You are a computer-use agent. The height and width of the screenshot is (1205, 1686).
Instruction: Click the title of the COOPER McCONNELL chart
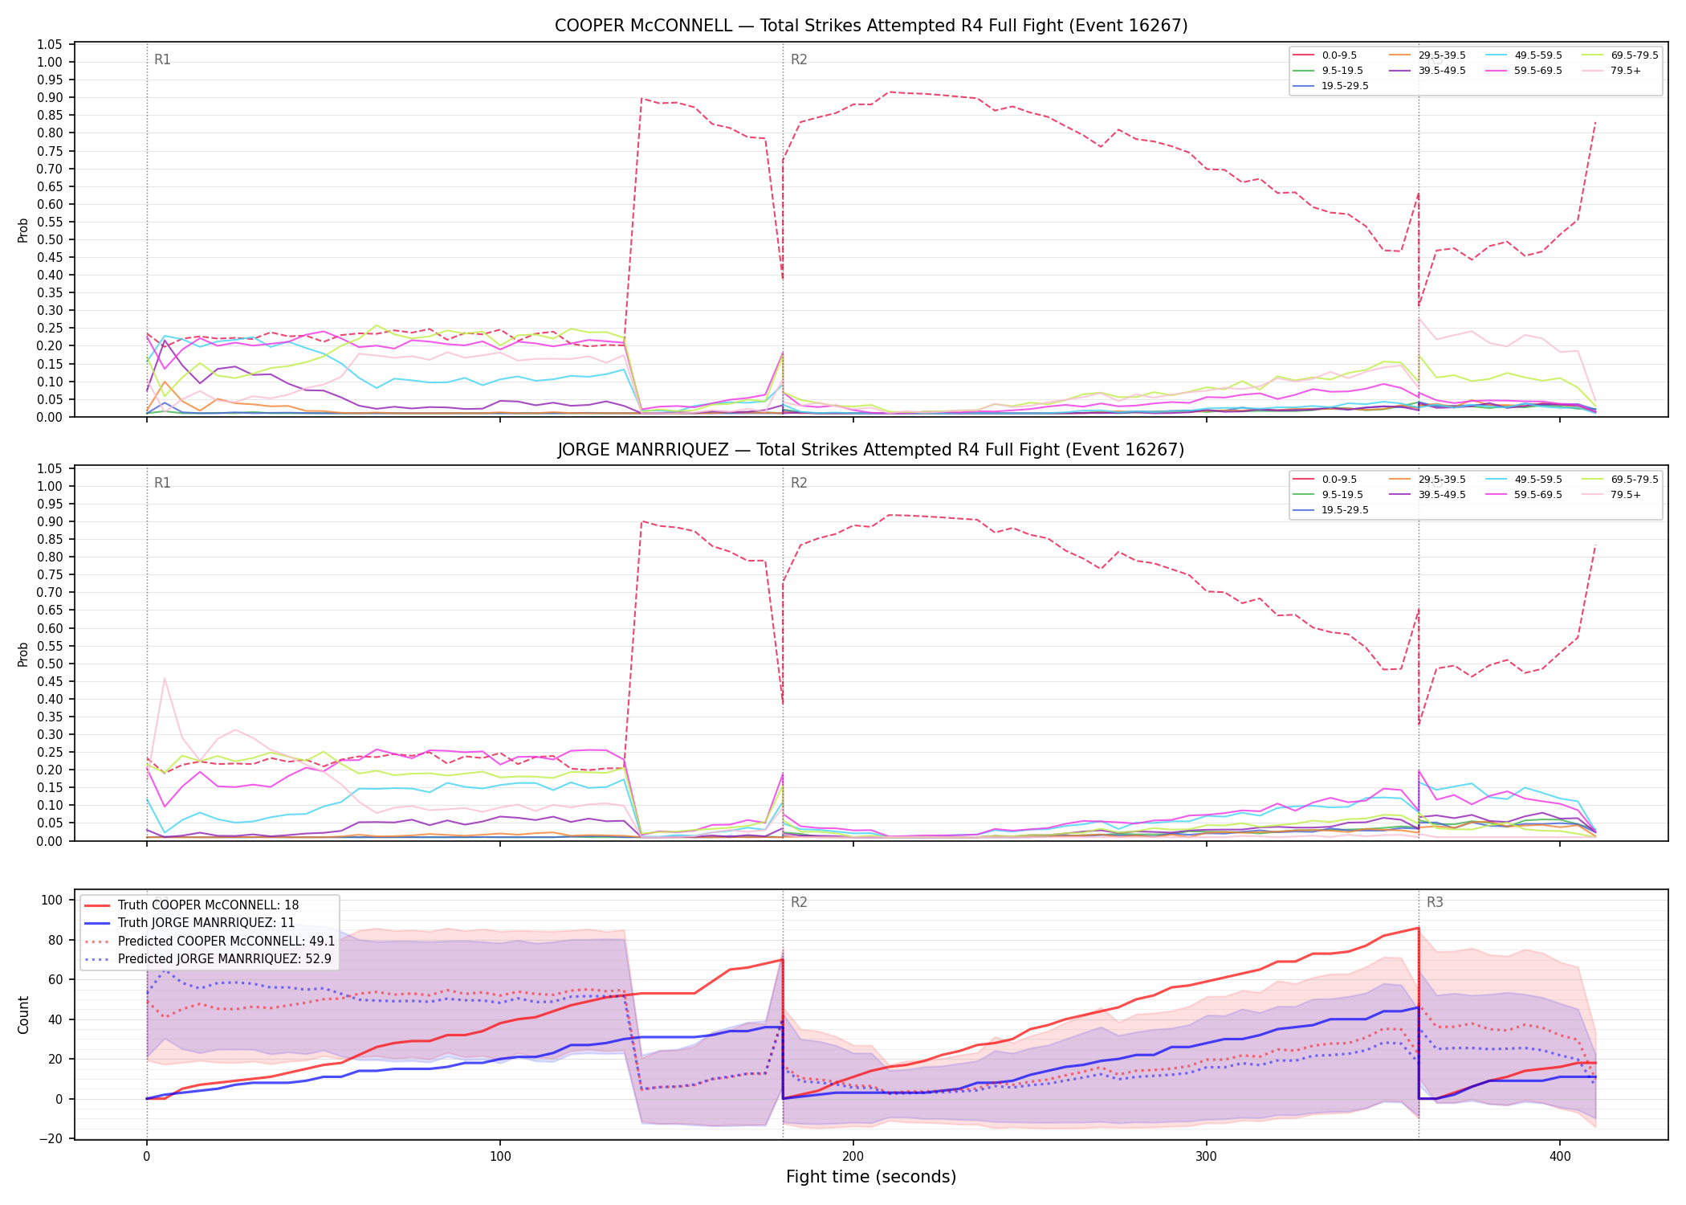tap(871, 26)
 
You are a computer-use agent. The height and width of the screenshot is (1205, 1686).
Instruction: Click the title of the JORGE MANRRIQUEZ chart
tap(871, 450)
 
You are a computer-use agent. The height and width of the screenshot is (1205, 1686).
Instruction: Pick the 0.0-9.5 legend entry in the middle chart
tap(1325, 480)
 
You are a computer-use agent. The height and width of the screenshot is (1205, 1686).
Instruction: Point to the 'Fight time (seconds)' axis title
tap(871, 1177)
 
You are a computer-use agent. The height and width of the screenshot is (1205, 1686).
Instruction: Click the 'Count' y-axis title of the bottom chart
tap(23, 1015)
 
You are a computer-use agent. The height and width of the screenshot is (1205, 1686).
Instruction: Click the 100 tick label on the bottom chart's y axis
tap(51, 900)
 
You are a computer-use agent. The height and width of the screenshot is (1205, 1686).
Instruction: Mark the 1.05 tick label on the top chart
tap(50, 44)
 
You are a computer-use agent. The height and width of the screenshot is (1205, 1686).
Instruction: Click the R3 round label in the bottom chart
tap(1435, 902)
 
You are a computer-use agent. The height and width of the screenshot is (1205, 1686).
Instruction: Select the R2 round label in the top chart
tap(799, 59)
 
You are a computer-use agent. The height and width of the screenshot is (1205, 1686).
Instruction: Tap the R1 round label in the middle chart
tap(162, 483)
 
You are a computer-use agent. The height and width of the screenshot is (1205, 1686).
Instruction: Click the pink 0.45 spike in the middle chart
tap(165, 679)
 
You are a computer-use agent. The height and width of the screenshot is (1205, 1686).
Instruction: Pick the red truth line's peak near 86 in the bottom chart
tap(1419, 928)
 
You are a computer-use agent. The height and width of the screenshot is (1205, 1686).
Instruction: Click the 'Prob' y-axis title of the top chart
tap(23, 230)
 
